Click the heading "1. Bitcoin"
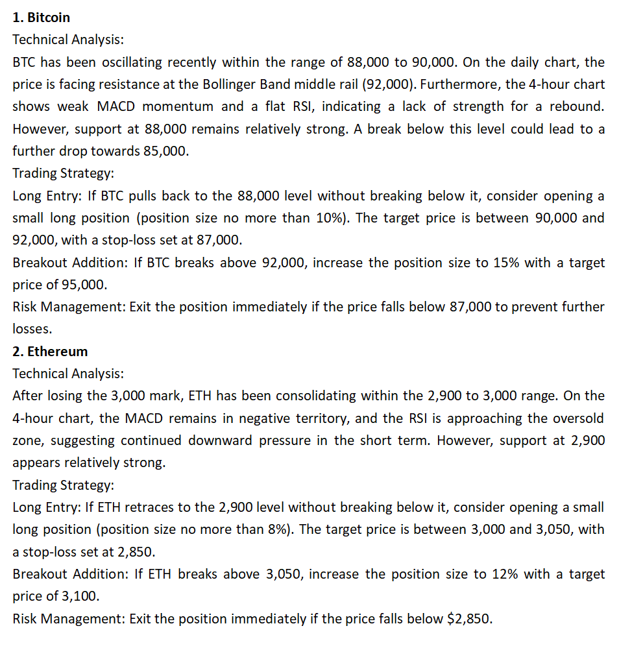42,18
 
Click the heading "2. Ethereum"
50,352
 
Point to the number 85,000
167,151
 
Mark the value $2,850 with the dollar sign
469,618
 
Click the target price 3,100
81,596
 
